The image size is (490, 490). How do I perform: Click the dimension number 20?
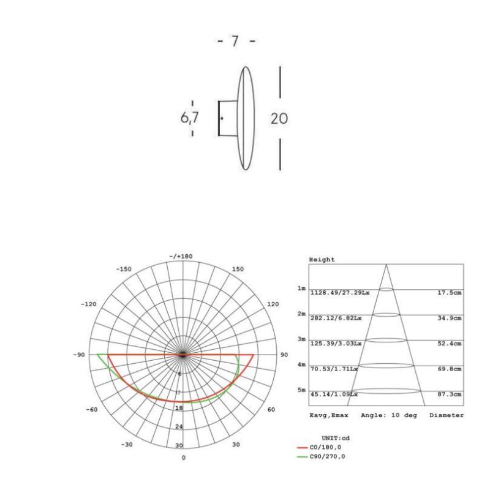(x=279, y=118)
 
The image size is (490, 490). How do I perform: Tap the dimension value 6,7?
(x=189, y=118)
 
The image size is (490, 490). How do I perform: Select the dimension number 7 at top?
(x=235, y=42)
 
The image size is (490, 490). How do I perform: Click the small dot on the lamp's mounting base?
(x=222, y=118)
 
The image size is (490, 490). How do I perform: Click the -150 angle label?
(x=124, y=269)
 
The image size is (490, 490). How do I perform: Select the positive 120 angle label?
(x=273, y=304)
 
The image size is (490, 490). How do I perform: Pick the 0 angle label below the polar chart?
(x=183, y=458)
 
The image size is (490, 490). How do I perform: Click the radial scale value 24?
(x=179, y=426)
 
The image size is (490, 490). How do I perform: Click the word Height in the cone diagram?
(x=322, y=260)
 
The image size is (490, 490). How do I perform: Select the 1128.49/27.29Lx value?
(x=339, y=293)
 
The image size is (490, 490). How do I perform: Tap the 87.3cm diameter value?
(x=450, y=394)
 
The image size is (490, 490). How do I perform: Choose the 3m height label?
(x=301, y=339)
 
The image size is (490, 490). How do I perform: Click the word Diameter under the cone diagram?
(x=446, y=415)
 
